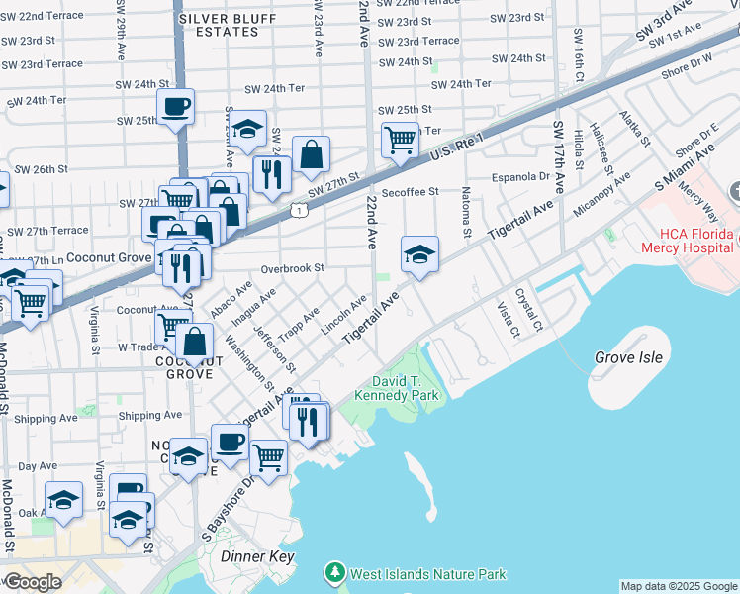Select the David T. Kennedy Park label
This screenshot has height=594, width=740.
(x=405, y=388)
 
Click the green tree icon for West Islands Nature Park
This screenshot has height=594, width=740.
(x=336, y=573)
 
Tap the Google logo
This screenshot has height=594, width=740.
(x=32, y=582)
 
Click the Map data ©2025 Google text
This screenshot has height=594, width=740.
(x=679, y=586)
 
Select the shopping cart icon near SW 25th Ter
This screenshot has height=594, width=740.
(x=400, y=140)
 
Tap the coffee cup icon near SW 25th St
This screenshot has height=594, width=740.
(x=175, y=107)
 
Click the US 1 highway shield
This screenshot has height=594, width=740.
(x=298, y=209)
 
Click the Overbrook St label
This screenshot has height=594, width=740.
(x=293, y=268)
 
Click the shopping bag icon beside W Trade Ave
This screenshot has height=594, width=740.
(x=196, y=342)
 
